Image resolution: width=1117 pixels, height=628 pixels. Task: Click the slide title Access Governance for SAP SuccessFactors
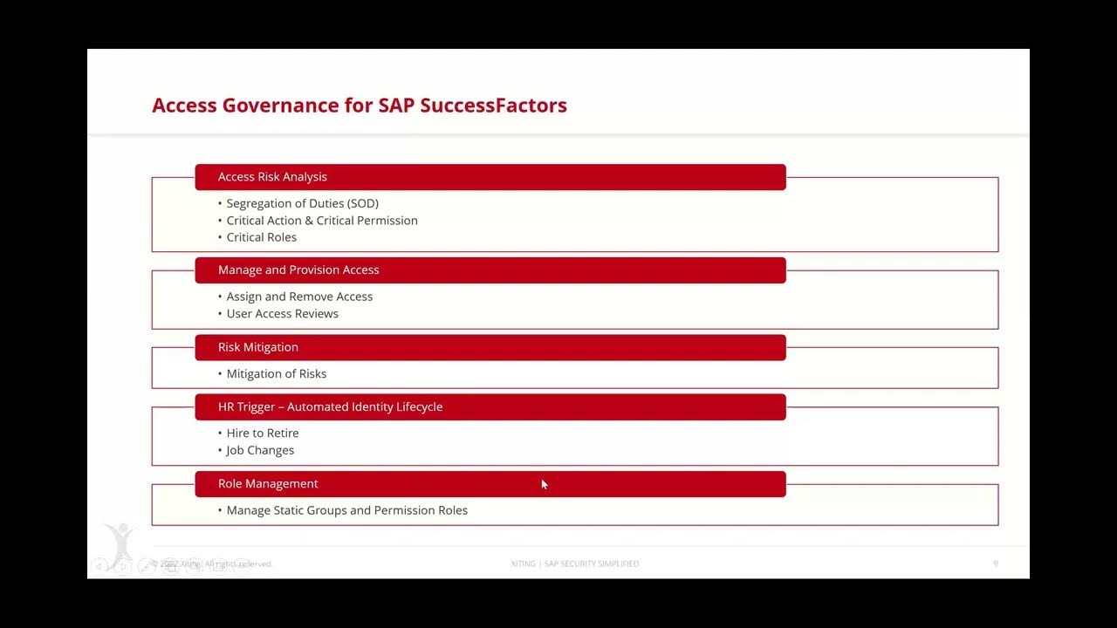coord(359,106)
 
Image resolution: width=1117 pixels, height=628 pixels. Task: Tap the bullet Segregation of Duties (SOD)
coord(302,203)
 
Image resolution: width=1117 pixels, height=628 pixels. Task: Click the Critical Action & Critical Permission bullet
coord(321,221)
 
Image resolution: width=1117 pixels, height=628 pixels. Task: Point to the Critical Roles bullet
coord(261,237)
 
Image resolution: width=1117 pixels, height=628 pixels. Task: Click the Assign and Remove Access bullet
coord(299,297)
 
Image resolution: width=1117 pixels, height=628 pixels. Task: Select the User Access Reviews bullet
coord(282,314)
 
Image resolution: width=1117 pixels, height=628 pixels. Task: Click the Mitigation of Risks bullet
coord(276,374)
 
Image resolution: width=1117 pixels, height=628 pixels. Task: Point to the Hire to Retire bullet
coord(262,433)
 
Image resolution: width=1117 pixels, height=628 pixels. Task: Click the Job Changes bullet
coord(260,451)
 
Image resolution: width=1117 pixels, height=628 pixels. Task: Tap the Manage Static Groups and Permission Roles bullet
coord(346,510)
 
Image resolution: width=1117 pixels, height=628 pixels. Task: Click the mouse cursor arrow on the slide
coord(544,484)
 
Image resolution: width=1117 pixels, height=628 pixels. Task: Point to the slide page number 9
coord(996,564)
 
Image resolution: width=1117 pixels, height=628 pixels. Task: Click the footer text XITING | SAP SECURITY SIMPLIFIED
coord(574,564)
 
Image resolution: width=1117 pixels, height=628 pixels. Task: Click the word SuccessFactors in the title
coord(493,106)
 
